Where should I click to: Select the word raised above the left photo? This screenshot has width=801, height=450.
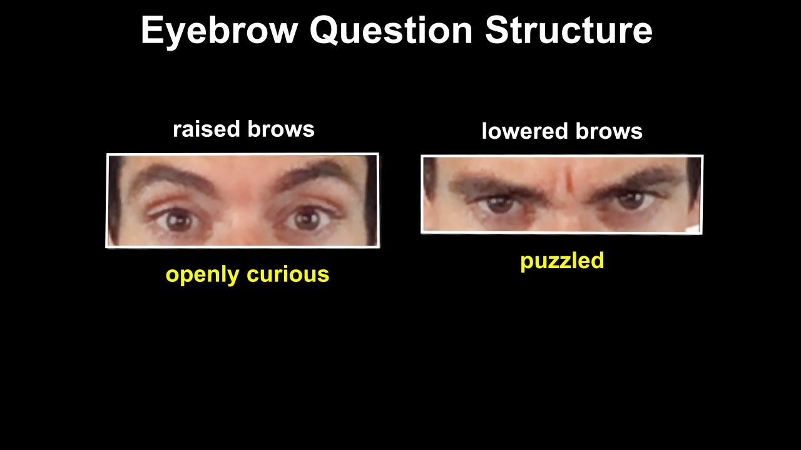pos(207,129)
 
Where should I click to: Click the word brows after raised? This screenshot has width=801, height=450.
pos(280,129)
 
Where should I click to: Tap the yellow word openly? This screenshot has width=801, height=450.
pos(202,275)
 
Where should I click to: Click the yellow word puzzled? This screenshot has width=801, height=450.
pos(562,261)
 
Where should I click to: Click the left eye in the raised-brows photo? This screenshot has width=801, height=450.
pos(180,220)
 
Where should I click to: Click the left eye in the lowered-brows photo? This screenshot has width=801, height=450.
pos(499,203)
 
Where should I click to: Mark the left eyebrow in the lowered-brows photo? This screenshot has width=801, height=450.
pos(491,185)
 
